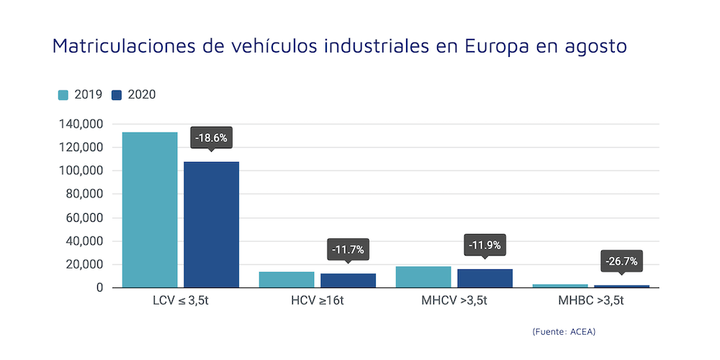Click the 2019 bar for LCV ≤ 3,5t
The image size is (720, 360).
point(150,210)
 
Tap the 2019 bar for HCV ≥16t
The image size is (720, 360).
point(287,279)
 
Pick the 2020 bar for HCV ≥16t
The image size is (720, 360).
point(348,280)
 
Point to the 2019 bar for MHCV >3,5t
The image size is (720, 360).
point(423,277)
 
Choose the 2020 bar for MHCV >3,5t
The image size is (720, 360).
point(485,279)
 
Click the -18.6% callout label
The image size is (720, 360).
point(211,137)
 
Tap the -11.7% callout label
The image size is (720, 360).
point(348,250)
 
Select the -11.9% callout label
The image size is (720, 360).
point(485,245)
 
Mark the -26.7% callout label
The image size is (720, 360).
point(621,261)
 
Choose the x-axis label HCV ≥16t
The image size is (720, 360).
point(317,300)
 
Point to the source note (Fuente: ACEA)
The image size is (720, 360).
point(564,331)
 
